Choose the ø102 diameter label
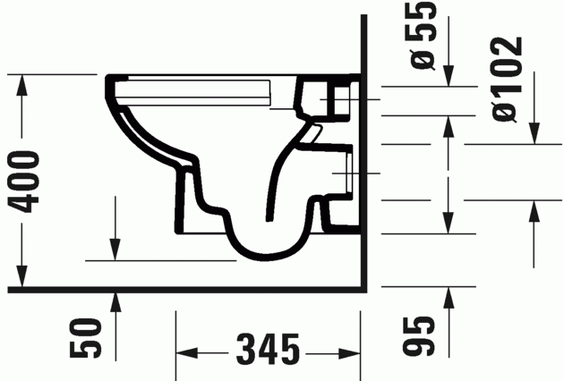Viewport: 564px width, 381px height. pos(507,79)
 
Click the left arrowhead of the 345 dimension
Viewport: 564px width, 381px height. pos(184,349)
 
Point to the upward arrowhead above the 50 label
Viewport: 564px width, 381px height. pos(115,302)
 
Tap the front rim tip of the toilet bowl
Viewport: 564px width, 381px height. pos(111,83)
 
